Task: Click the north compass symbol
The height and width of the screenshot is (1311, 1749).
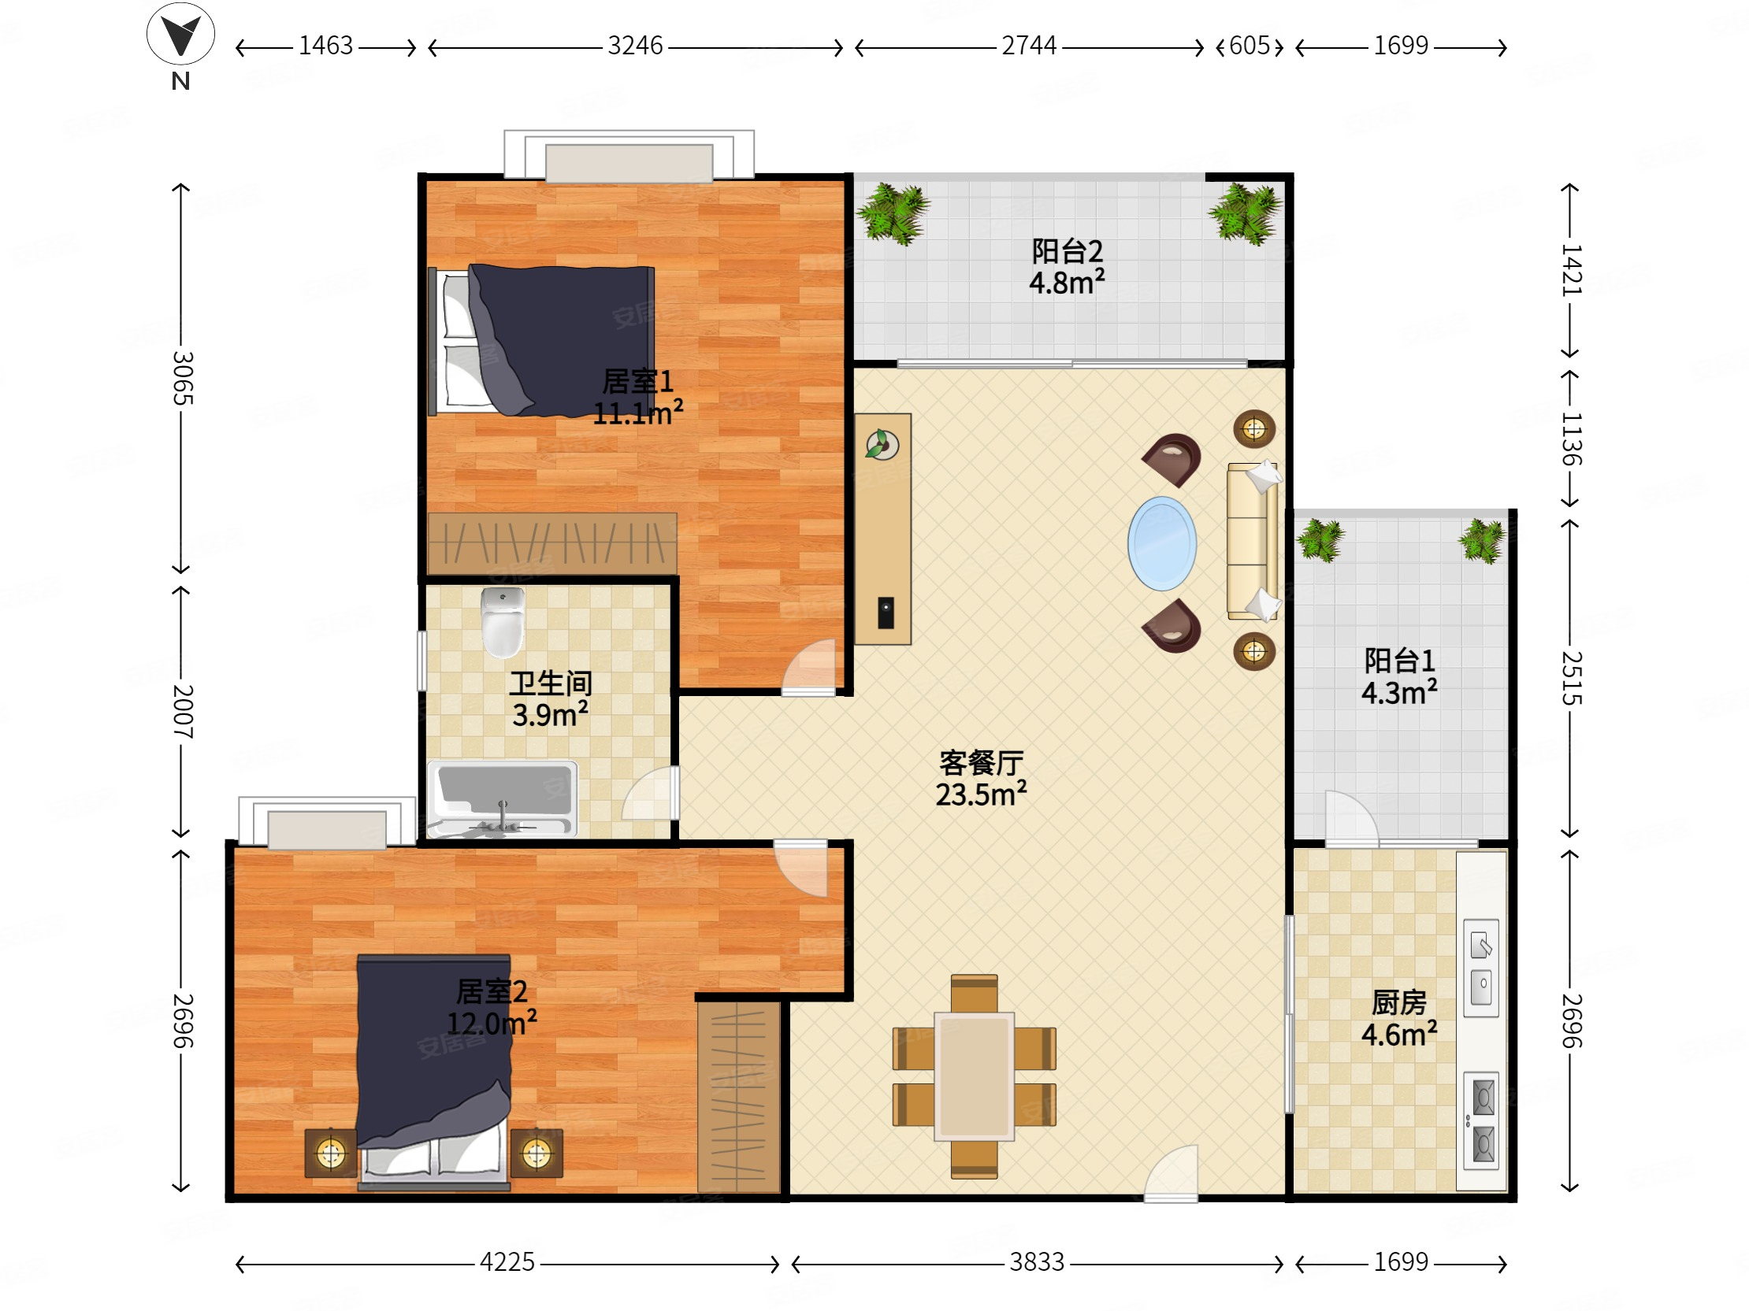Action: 180,35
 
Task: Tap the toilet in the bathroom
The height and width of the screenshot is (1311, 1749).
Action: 503,622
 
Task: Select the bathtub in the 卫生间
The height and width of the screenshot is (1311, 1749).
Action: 502,798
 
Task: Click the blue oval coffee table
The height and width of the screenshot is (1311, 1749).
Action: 1161,543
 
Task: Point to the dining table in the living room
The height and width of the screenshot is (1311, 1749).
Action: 974,1076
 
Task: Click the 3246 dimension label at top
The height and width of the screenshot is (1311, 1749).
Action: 635,46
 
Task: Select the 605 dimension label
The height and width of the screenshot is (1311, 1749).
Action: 1250,46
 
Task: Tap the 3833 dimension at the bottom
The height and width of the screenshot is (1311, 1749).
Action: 1037,1262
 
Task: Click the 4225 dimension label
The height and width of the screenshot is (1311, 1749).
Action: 507,1262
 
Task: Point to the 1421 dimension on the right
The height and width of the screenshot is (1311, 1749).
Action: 1570,270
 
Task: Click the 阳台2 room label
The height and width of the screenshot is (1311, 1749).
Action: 1067,251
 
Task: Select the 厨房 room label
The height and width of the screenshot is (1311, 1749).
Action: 1398,1003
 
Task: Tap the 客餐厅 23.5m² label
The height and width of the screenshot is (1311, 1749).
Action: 981,779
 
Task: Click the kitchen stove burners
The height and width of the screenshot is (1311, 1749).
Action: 1481,1120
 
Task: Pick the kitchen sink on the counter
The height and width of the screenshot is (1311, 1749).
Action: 1481,967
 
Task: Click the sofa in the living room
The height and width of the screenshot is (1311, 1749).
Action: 1253,541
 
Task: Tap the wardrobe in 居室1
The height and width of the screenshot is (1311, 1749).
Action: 552,543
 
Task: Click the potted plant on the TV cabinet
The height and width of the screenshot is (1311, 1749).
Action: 882,444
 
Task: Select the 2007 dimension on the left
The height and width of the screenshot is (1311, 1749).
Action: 183,711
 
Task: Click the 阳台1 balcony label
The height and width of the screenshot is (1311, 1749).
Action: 1398,660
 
